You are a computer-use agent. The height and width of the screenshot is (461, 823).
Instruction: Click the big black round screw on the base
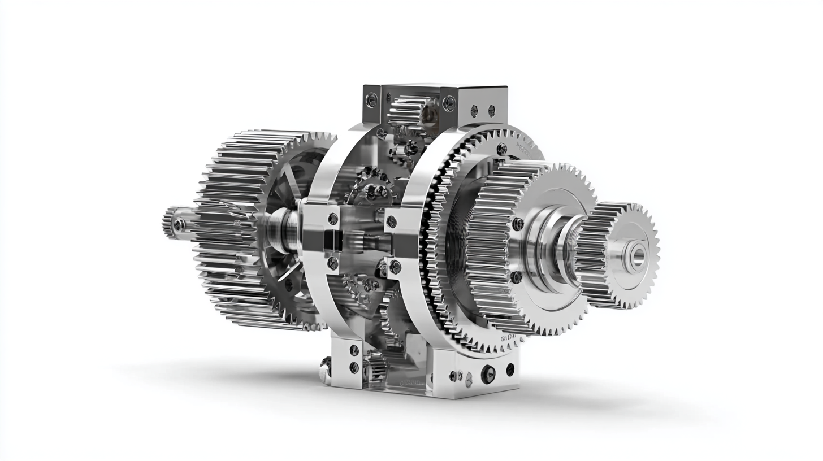point(488,373)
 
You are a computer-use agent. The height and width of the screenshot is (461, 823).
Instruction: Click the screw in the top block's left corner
point(371,100)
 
